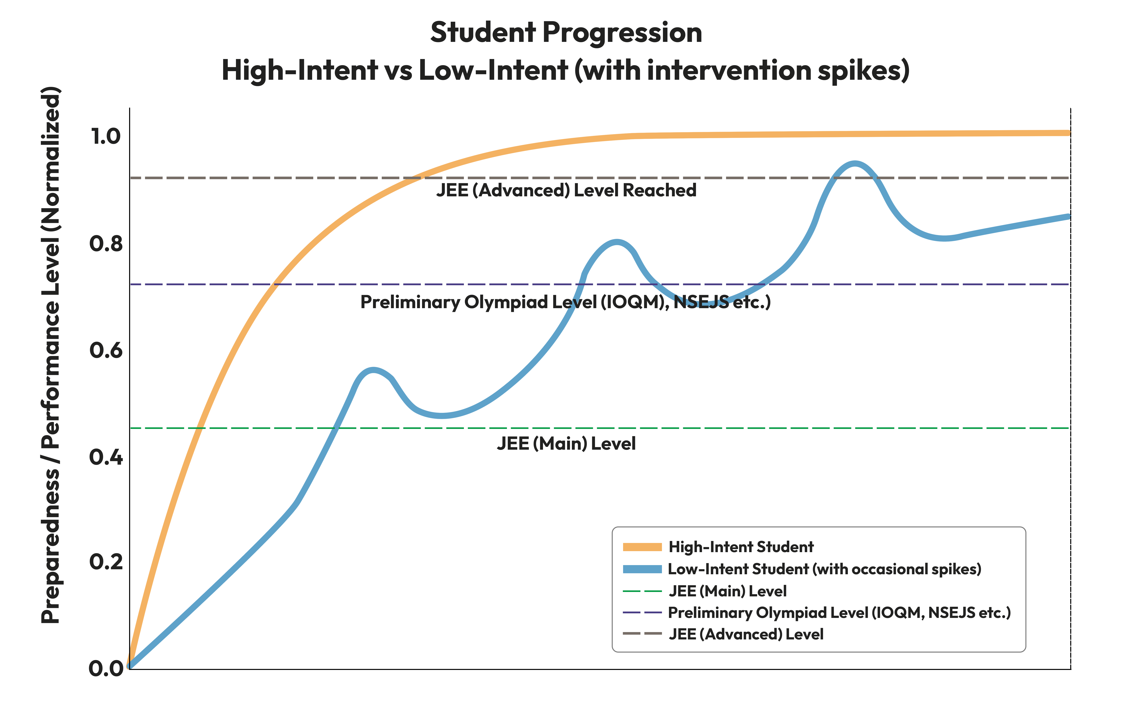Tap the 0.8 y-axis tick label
[106, 244]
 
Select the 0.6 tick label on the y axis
[106, 350]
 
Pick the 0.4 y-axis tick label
[106, 457]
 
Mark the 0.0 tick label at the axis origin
[106, 669]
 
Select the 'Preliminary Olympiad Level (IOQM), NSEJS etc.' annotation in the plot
[566, 302]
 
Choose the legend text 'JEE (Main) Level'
[728, 591]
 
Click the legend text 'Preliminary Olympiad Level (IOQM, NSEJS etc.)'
[839, 613]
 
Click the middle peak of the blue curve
[616, 242]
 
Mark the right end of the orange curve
[1069, 133]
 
